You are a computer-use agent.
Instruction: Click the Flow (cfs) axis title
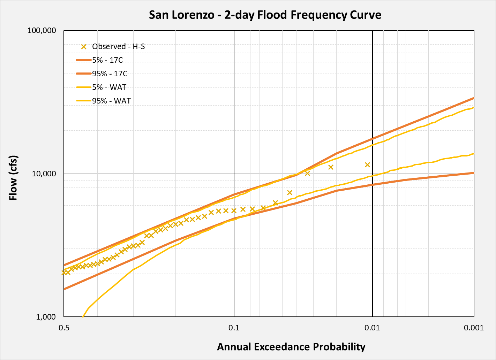click(x=13, y=178)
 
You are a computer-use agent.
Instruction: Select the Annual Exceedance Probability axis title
click(x=291, y=347)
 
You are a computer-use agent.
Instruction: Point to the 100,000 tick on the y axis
click(x=42, y=31)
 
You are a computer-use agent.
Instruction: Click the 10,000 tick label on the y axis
click(x=44, y=174)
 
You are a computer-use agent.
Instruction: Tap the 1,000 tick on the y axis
click(x=46, y=317)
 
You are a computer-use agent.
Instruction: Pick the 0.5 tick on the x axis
click(x=64, y=328)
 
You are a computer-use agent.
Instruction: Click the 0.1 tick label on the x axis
click(x=234, y=328)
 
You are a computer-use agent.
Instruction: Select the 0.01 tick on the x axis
click(x=372, y=328)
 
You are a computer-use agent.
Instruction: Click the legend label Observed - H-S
click(x=118, y=47)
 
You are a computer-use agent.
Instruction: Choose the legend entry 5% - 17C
click(x=107, y=60)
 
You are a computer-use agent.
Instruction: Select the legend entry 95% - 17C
click(x=110, y=74)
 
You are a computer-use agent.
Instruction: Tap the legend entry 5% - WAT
click(x=109, y=87)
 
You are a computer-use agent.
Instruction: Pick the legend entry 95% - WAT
click(x=111, y=101)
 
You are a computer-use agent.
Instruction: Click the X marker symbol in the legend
click(x=84, y=47)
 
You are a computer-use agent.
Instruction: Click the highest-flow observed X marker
click(x=367, y=164)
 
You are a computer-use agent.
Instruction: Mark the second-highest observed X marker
click(x=331, y=167)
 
